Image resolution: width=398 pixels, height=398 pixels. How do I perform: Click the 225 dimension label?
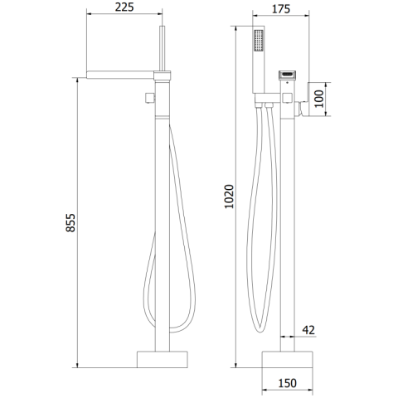tap(124, 7)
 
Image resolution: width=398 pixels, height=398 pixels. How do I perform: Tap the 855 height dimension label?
tap(70, 223)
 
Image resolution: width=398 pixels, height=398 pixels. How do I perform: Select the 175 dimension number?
tap(281, 9)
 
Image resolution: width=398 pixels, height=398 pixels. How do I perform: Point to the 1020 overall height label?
tap(229, 197)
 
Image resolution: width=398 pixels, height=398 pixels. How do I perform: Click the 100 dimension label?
tap(318, 99)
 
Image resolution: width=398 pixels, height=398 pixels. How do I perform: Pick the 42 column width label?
tap(308, 330)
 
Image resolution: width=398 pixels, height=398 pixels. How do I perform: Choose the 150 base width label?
tap(288, 383)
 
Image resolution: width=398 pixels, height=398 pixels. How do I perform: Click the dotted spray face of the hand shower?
tap(259, 41)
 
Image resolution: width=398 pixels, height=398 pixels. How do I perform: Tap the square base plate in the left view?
tap(163, 360)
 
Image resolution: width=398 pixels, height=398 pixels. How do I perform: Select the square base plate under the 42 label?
tap(287, 360)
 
